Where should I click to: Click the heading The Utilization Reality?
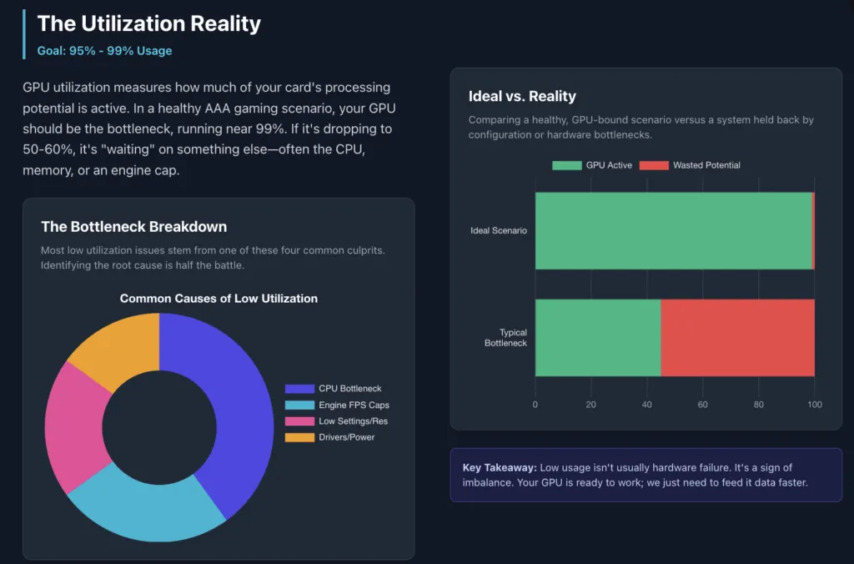point(148,23)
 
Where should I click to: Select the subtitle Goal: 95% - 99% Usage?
point(104,51)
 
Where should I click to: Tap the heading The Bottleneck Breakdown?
point(133,227)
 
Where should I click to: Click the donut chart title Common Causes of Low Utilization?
point(219,298)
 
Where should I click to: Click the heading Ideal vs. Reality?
point(522,96)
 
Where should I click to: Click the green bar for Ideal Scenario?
point(672,231)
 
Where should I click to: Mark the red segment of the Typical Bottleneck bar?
point(737,338)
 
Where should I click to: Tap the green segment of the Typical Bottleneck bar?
point(597,338)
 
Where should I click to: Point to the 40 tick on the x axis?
point(647,405)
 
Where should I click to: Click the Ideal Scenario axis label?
point(498,231)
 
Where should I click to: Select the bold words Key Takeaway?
point(499,468)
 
